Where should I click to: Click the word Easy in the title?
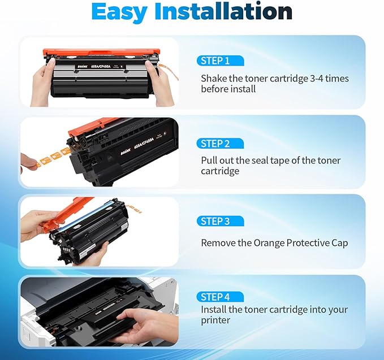pos(126,12)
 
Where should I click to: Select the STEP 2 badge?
pos(219,144)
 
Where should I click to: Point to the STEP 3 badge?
pos(219,222)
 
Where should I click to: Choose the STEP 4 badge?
pos(219,297)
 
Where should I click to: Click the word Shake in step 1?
pos(214,79)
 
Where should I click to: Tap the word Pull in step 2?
pos(209,161)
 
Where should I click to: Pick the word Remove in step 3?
pos(217,243)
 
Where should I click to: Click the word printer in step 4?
pos(215,320)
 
